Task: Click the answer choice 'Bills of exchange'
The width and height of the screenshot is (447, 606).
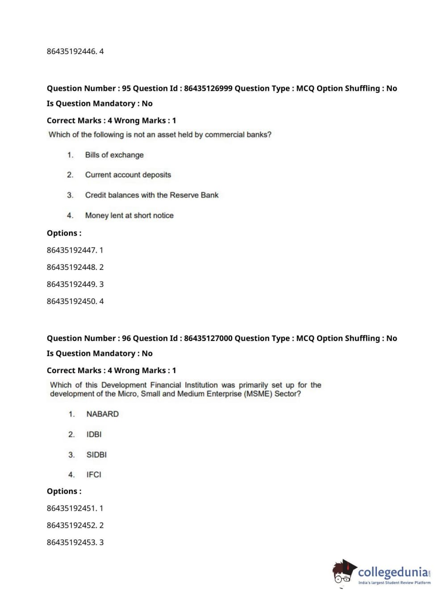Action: [x=114, y=155]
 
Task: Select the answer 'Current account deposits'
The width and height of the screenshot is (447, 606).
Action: [x=128, y=175]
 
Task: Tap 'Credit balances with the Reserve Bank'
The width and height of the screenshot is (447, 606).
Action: [x=152, y=195]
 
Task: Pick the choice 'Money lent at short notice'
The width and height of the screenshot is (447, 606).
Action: [x=129, y=215]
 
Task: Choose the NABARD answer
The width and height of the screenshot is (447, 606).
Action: [x=102, y=414]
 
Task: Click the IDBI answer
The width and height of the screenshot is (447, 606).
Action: [x=94, y=434]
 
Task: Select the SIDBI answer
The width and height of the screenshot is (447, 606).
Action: [x=96, y=455]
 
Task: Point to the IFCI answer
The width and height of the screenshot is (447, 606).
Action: [x=94, y=475]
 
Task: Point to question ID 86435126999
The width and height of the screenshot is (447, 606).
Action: [x=208, y=88]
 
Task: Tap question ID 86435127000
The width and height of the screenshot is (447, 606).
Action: [x=208, y=338]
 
